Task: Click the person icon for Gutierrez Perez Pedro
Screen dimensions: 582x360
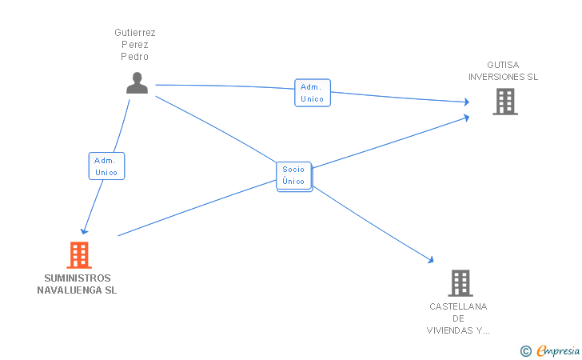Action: (x=137, y=83)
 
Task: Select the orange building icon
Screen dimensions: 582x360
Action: (x=79, y=255)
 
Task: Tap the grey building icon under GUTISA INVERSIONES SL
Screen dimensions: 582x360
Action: (x=505, y=102)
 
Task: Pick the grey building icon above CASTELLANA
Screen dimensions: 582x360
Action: (x=460, y=283)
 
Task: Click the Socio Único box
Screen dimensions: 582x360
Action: (x=294, y=176)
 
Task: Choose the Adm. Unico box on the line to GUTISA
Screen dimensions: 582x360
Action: (x=313, y=93)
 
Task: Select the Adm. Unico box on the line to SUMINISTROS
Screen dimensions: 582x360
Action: (x=106, y=166)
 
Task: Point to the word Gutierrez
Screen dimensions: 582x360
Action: (x=135, y=33)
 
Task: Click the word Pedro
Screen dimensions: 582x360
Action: (x=134, y=57)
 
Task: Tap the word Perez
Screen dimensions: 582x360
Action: (x=135, y=45)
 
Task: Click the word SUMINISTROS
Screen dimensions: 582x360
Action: (x=78, y=278)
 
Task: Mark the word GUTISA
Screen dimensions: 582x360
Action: (x=503, y=65)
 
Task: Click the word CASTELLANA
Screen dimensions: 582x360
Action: (x=458, y=306)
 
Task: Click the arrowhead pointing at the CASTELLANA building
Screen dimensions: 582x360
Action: (x=431, y=259)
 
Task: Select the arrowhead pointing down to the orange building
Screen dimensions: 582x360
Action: (x=84, y=232)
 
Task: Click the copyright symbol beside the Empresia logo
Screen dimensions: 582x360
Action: (x=525, y=351)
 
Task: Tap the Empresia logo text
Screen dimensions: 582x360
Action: (x=558, y=350)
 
